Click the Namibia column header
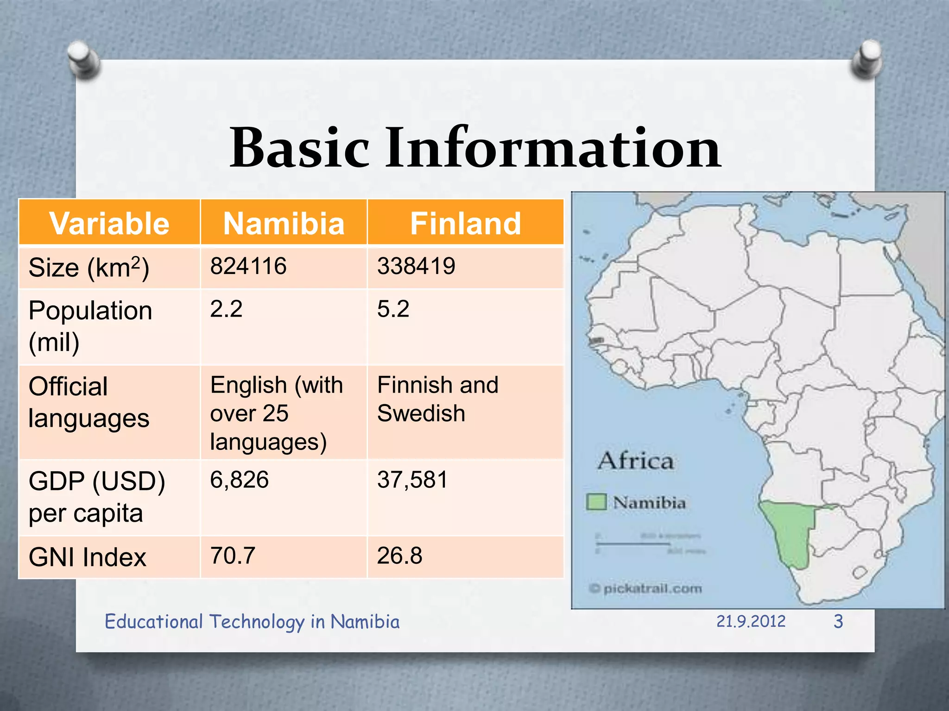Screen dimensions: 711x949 [x=284, y=224]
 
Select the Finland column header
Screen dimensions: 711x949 [x=465, y=224]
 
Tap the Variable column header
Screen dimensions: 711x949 [x=109, y=224]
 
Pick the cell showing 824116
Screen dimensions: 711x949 [x=248, y=267]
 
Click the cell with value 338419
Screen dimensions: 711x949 [x=416, y=267]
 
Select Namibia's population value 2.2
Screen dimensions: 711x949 [x=226, y=309]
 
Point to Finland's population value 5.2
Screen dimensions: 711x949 [x=393, y=309]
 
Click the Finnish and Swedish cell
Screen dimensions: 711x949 [x=437, y=399]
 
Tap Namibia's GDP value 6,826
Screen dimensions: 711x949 [x=239, y=480]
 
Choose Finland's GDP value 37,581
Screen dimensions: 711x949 [x=412, y=480]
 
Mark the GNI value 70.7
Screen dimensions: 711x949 [x=233, y=556]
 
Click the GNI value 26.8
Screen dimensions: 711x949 [x=399, y=556]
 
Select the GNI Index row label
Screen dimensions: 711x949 [x=87, y=557]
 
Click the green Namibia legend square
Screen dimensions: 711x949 [x=596, y=502]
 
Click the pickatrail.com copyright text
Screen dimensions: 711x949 [x=645, y=589]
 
